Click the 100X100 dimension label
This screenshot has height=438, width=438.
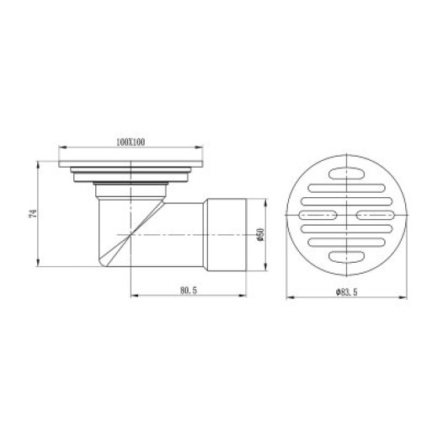click(131, 142)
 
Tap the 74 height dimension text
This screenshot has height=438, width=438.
click(33, 214)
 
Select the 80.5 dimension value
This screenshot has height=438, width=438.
click(189, 291)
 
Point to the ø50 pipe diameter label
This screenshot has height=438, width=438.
click(261, 234)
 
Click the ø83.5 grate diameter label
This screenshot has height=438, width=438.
click(347, 292)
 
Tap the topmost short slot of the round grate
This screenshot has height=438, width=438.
click(346, 173)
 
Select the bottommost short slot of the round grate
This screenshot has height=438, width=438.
click(346, 257)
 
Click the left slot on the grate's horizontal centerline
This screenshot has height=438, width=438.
click(318, 215)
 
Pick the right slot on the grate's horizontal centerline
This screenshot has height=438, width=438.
click(376, 215)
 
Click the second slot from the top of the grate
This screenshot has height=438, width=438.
click(346, 188)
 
